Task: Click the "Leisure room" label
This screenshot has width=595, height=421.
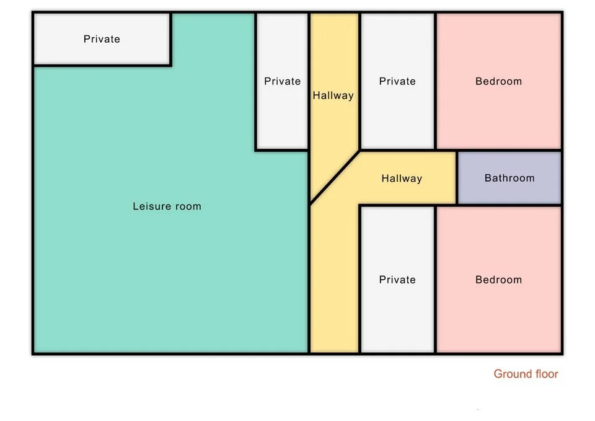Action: click(167, 206)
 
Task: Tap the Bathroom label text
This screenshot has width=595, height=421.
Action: click(509, 178)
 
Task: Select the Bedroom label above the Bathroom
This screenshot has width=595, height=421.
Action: click(498, 81)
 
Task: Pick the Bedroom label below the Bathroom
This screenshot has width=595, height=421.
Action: click(498, 280)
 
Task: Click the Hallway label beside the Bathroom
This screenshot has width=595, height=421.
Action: click(402, 179)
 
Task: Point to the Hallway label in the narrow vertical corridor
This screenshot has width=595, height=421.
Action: click(333, 95)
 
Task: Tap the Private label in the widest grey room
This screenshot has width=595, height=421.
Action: click(102, 39)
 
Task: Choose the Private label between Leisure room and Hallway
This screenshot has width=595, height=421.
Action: click(282, 81)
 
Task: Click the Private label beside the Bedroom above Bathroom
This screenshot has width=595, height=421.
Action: click(397, 81)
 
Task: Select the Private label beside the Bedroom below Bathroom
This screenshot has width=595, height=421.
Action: click(397, 280)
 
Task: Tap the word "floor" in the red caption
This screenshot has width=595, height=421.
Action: click(544, 374)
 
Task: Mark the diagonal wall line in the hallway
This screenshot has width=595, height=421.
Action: click(335, 177)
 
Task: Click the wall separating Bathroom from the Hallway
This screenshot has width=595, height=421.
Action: click(457, 178)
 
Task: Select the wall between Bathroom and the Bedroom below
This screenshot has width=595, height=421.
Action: click(508, 205)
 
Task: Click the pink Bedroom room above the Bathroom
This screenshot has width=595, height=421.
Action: click(499, 112)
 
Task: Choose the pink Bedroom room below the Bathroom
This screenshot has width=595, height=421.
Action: click(499, 310)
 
